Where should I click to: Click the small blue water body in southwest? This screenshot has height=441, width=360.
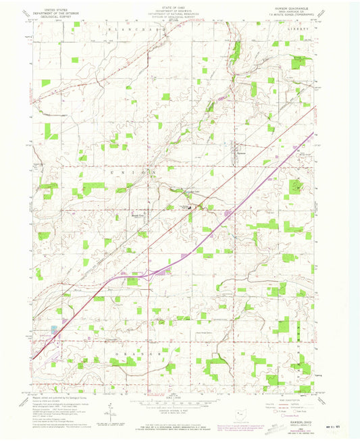53,330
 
